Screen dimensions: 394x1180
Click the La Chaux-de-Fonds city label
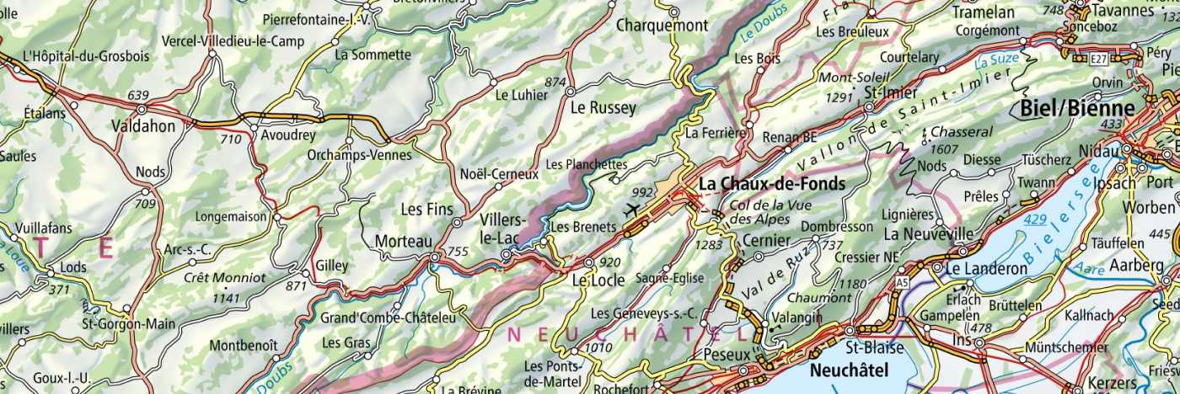771,183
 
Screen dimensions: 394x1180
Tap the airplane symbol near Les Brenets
632,209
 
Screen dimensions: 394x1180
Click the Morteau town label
403,241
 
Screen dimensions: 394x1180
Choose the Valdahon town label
143,126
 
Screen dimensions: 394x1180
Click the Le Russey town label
603,108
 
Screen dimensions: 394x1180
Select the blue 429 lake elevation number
1036,220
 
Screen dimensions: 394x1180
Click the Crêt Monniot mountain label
225,277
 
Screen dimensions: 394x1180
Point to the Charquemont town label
662,25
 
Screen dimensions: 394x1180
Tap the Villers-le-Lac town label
504,228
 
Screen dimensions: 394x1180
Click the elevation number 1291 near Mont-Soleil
839,97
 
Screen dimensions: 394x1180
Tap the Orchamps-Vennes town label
359,155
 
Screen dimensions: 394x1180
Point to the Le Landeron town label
987,269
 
